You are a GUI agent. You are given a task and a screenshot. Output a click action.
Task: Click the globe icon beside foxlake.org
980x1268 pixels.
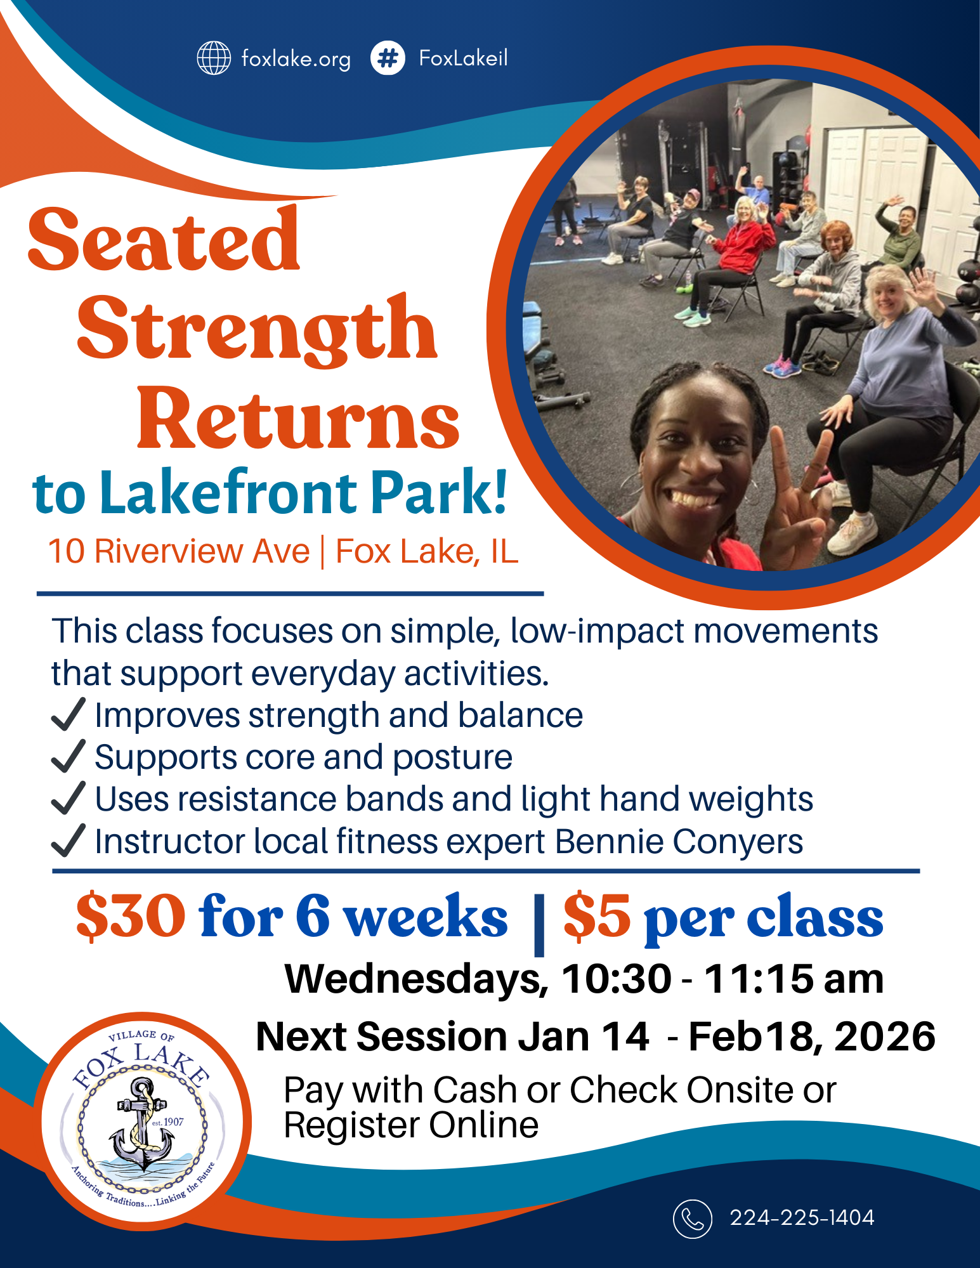click(214, 58)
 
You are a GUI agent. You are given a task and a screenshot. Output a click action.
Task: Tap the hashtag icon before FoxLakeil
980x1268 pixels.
click(388, 58)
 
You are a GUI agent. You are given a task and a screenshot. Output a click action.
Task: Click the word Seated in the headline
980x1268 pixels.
click(164, 240)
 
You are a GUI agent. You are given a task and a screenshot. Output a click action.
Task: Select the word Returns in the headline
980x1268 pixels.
click(298, 419)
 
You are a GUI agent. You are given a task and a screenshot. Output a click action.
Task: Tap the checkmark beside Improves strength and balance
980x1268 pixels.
click(68, 715)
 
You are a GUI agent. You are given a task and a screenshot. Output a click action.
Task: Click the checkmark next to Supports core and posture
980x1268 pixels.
click(68, 757)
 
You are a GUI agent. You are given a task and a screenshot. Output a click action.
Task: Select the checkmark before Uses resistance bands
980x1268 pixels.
click(68, 799)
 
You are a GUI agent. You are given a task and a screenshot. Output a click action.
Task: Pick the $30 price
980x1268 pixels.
click(131, 917)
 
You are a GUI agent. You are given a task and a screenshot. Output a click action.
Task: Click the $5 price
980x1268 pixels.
click(596, 917)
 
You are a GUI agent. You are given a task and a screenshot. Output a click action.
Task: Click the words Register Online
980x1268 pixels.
click(411, 1125)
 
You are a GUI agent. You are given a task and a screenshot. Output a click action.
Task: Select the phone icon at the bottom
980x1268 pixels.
click(692, 1219)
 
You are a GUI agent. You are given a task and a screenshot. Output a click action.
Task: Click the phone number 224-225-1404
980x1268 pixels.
click(802, 1218)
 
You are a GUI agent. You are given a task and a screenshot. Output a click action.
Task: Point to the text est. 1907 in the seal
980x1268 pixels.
click(168, 1122)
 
